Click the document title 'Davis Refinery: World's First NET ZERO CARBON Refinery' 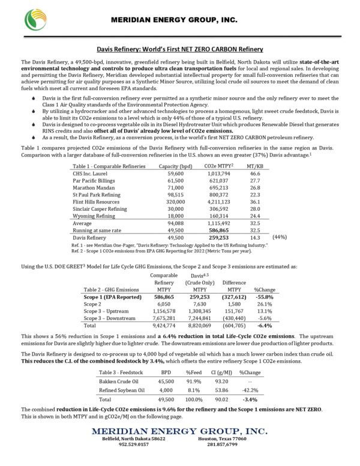pyautogui.click(x=179, y=50)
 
